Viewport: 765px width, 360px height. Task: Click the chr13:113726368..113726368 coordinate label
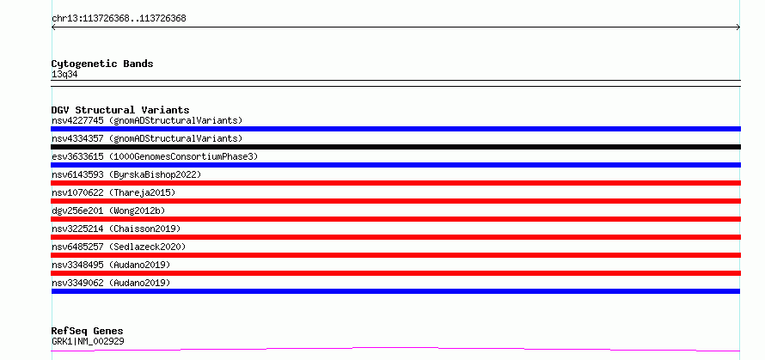pyautogui.click(x=119, y=19)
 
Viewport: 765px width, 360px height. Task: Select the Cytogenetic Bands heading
pyautogui.click(x=102, y=64)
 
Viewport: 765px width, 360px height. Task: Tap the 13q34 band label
pyautogui.click(x=64, y=75)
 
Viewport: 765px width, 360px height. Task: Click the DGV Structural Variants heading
pyautogui.click(x=120, y=110)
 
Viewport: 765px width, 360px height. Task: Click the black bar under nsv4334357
pyautogui.click(x=395, y=147)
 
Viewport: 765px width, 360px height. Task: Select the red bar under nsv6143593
pyautogui.click(x=395, y=183)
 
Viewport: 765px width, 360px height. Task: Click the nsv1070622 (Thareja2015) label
pyautogui.click(x=113, y=192)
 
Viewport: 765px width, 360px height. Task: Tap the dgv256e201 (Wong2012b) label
pyautogui.click(x=108, y=211)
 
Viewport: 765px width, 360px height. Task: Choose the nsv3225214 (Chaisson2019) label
pyautogui.click(x=116, y=229)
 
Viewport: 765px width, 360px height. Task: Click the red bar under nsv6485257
pyautogui.click(x=395, y=255)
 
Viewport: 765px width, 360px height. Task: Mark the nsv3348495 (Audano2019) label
pyautogui.click(x=111, y=265)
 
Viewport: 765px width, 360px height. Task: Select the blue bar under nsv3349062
pyautogui.click(x=395, y=291)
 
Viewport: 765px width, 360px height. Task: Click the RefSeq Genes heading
pyautogui.click(x=88, y=332)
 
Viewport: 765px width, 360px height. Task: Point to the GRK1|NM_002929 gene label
pyautogui.click(x=88, y=341)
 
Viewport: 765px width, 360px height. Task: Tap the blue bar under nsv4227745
pyautogui.click(x=395, y=129)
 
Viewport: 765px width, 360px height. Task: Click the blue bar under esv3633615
pyautogui.click(x=395, y=165)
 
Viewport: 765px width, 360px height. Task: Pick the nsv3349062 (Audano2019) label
pyautogui.click(x=111, y=283)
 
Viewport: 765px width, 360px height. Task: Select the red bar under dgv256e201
pyautogui.click(x=395, y=219)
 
